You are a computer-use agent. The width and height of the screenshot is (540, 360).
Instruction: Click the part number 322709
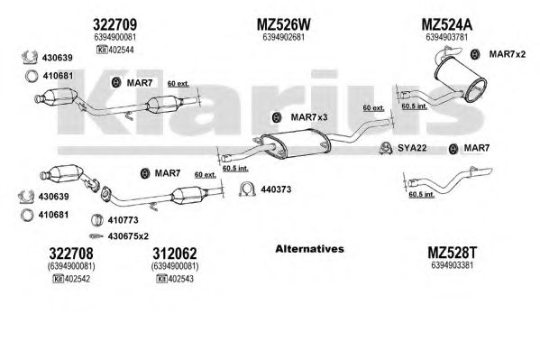pos(114,24)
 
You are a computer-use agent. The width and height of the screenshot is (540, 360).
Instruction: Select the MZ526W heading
pos(284,24)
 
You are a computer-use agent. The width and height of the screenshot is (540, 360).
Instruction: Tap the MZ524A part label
pos(446,24)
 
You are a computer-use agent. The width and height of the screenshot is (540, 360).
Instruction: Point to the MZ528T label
pos(453,254)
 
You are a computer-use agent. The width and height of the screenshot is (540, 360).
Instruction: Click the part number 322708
pos(71,254)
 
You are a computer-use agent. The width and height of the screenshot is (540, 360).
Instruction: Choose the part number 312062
pos(175,254)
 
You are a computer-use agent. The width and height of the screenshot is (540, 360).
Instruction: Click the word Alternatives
pos(309,249)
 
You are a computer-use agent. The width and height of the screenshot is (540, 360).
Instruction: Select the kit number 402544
pos(121,50)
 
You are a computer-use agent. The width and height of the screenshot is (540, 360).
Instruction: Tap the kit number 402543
pos(181,279)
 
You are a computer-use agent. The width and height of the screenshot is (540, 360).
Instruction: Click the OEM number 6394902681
pos(283,37)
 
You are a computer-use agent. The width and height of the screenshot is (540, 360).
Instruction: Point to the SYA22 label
pos(412,148)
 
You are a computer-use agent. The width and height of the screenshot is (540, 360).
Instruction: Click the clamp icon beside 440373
pos(247,189)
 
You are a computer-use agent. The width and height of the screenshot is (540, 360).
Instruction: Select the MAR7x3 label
pos(309,117)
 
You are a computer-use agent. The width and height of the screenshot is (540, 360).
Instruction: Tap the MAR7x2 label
pos(508,54)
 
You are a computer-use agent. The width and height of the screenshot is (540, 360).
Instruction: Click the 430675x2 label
pos(128,236)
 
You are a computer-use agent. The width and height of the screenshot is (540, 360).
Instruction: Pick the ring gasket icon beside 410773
pos(97,220)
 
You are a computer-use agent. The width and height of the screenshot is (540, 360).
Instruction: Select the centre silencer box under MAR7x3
pos(295,143)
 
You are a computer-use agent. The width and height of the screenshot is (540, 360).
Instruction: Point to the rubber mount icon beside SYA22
pos(387,148)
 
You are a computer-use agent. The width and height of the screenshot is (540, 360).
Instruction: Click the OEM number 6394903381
pos(452,265)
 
